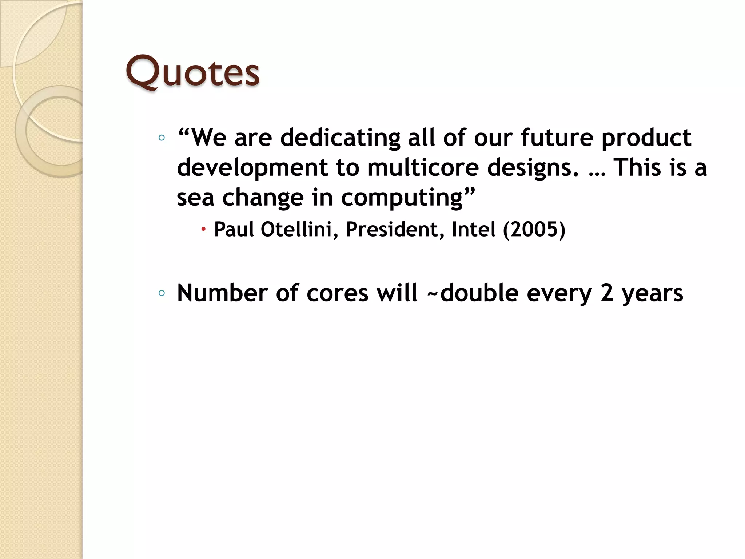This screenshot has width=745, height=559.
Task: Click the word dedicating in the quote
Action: pyautogui.click(x=340, y=138)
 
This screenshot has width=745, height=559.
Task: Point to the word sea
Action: pyautogui.click(x=195, y=198)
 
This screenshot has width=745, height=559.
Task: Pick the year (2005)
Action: pyautogui.click(x=534, y=229)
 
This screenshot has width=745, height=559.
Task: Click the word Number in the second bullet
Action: pyautogui.click(x=222, y=293)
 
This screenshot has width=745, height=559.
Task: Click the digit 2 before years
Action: pyautogui.click(x=606, y=293)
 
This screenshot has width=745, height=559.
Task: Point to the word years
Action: pyautogui.click(x=652, y=293)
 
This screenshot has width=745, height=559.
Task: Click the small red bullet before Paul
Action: pyautogui.click(x=203, y=229)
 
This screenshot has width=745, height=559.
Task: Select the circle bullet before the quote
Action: pyautogui.click(x=162, y=138)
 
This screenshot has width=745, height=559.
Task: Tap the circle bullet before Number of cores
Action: pyautogui.click(x=162, y=293)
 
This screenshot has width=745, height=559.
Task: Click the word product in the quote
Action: pyautogui.click(x=646, y=138)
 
